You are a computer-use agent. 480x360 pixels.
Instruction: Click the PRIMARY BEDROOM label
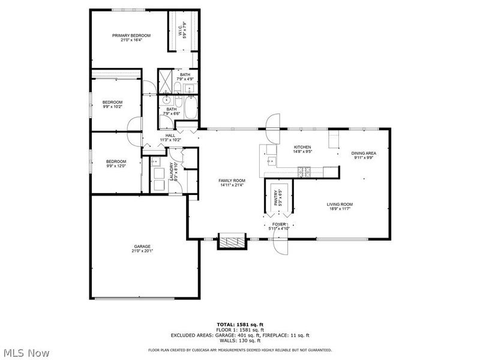point(131,35)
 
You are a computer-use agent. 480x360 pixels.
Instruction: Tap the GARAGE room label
point(142,246)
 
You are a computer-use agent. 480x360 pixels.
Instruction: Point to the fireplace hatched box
point(231,241)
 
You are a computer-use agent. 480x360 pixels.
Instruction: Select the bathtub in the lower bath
point(190,110)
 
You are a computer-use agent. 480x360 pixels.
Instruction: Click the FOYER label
point(279,224)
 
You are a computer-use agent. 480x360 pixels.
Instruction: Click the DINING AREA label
point(364,153)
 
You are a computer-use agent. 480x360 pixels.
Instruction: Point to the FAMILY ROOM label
point(232,180)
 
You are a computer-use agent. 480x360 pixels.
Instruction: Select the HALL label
point(170,136)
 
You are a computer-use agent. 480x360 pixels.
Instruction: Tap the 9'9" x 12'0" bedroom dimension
point(116,166)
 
